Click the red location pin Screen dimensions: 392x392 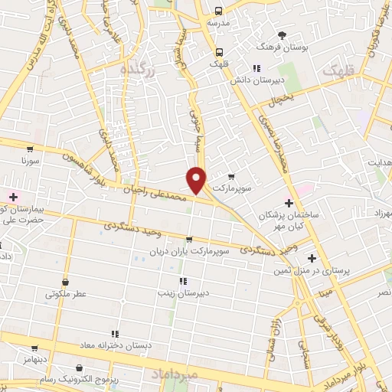coord(197,178)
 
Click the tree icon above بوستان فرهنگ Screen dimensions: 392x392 coord(283,35)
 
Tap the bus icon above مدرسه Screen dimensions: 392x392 coord(219,11)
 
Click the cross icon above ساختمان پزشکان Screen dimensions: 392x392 coord(289,203)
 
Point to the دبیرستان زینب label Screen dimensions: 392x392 coord(182,292)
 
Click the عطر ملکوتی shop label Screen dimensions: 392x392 coord(67,293)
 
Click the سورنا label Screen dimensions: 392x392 coord(31,162)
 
